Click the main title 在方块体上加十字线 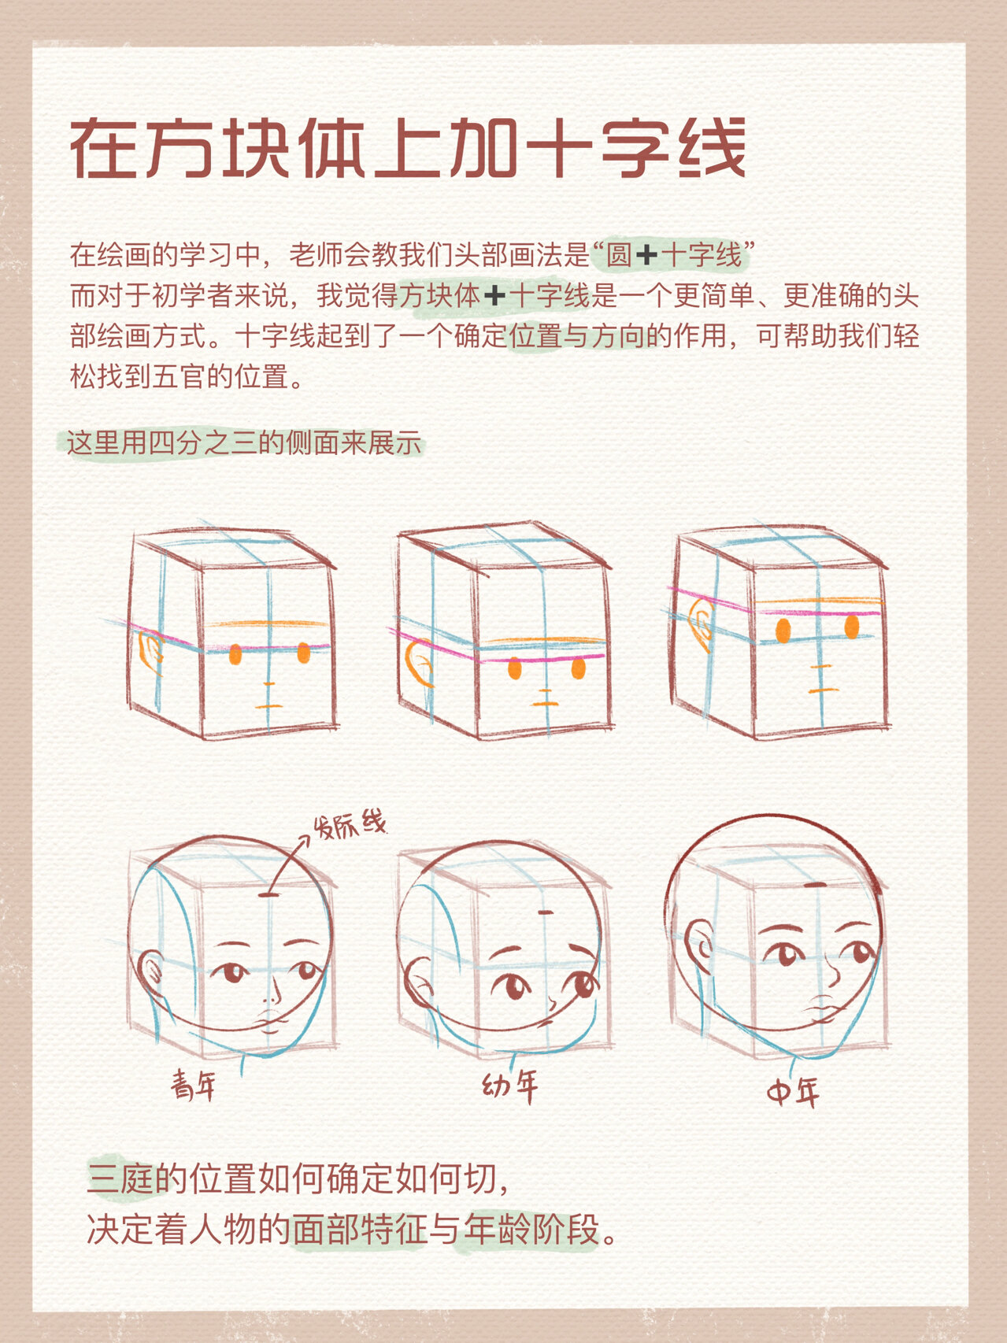(x=408, y=149)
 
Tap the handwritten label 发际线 (x=350, y=826)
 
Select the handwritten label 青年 (x=194, y=1086)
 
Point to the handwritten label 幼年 (x=510, y=1086)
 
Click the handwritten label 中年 (x=793, y=1092)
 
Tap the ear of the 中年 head (x=698, y=945)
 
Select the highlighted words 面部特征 (x=359, y=1229)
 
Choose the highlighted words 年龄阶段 (x=531, y=1229)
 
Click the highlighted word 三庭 (x=120, y=1178)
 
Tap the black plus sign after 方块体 (x=494, y=297)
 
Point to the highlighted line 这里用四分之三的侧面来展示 (x=244, y=443)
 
